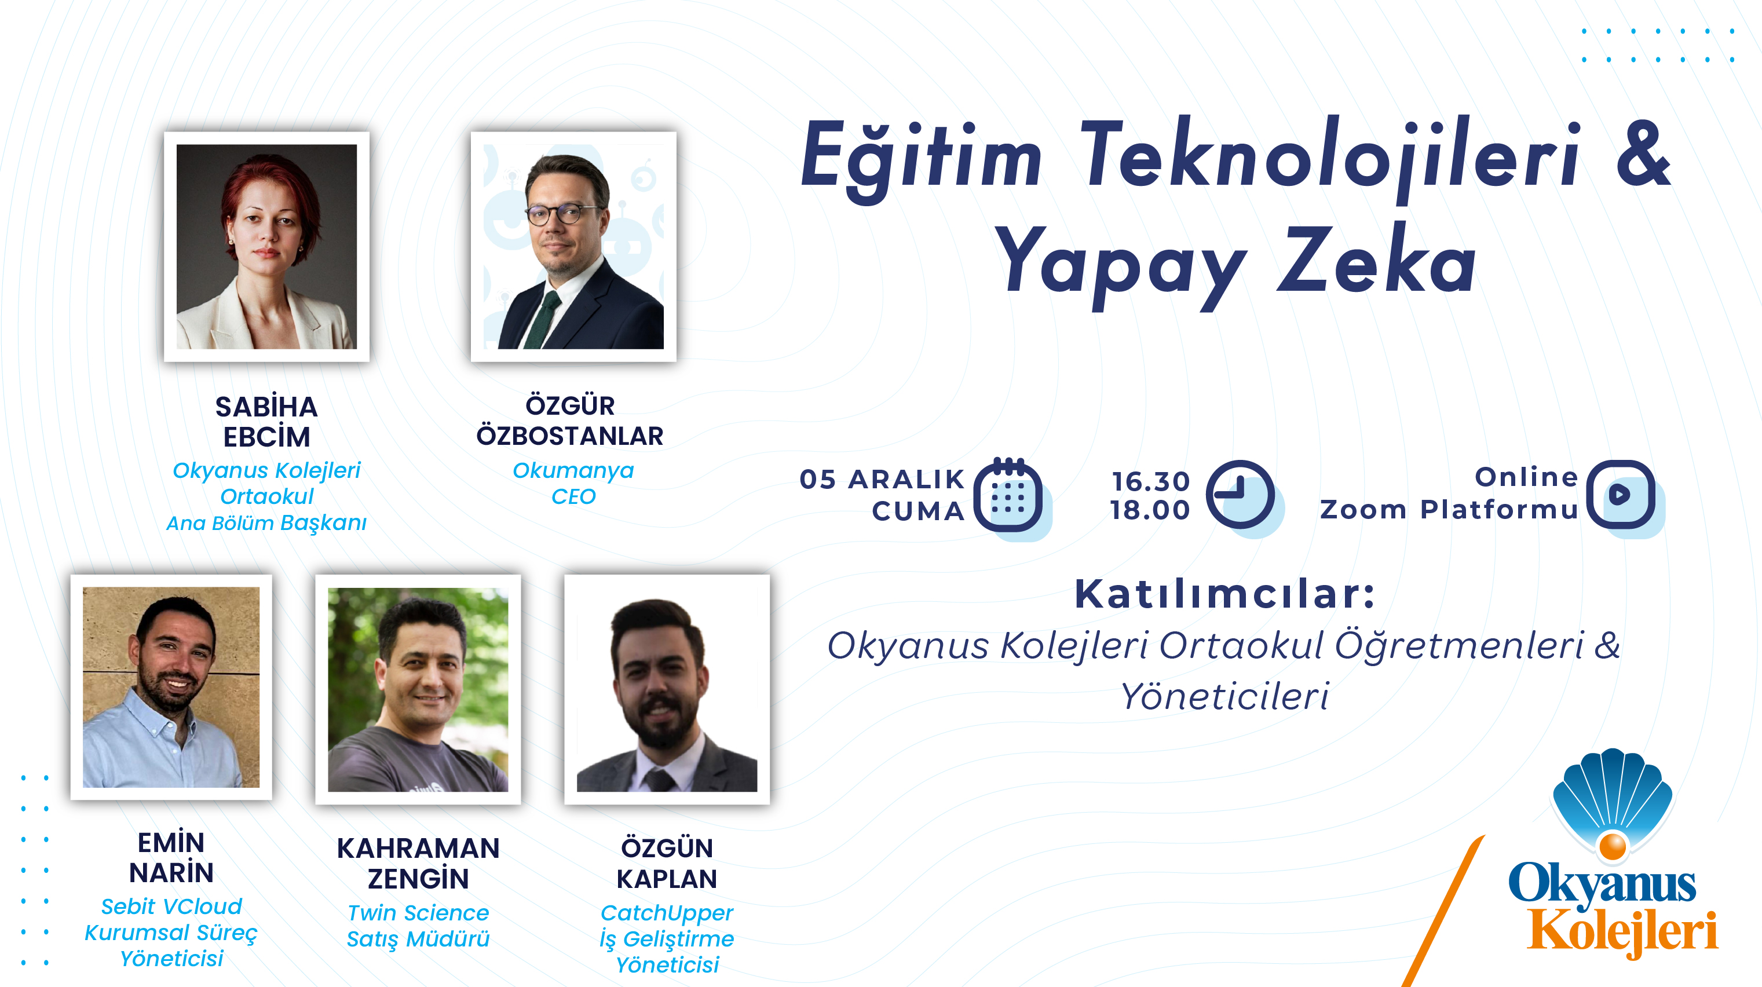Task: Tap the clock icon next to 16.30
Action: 1240,494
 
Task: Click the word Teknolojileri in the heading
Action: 1331,158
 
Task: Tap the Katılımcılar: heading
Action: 1224,593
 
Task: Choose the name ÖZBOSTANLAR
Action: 570,436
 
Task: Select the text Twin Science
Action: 418,912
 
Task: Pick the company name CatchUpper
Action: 667,913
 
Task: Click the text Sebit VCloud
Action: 171,906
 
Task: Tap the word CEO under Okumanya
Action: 573,496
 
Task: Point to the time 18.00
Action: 1150,510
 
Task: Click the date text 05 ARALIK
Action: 882,480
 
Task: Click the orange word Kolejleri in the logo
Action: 1622,931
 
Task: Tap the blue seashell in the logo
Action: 1613,797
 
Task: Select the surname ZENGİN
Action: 418,878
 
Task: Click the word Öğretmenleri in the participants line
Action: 1460,646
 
